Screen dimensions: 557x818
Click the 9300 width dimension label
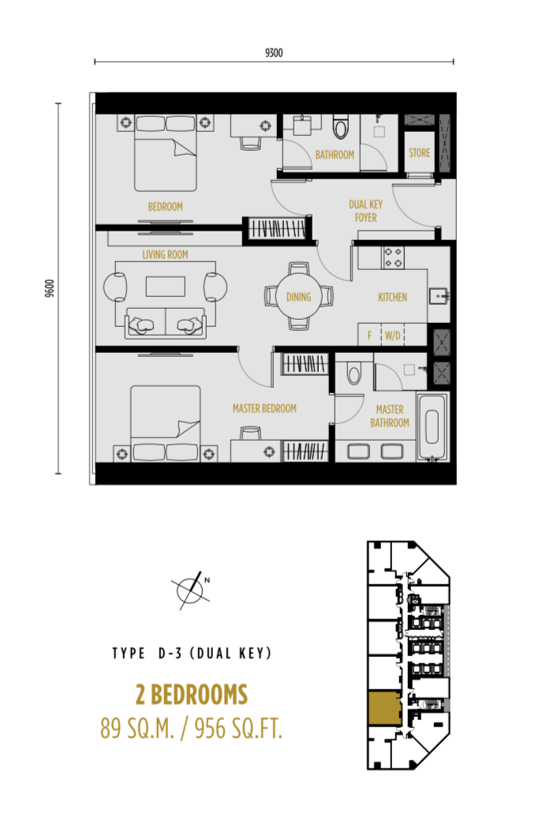(274, 53)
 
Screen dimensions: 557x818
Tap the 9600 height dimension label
(50, 288)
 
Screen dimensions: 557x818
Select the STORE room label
(420, 153)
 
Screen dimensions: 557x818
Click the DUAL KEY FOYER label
(366, 211)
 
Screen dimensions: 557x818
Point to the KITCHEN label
(392, 298)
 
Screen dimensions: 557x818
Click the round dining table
(298, 296)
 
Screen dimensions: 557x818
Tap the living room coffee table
(166, 287)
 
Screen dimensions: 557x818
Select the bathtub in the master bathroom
(432, 426)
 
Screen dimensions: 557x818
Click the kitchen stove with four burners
(393, 257)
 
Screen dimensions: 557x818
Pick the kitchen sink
(439, 296)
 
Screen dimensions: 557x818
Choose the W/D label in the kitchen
(393, 336)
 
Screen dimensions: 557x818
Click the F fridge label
(369, 336)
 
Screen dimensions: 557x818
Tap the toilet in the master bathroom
(353, 373)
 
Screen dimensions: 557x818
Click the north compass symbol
(191, 590)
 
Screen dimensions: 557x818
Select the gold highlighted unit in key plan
(384, 708)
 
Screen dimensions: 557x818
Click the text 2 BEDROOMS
(192, 694)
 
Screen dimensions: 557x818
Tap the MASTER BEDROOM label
(264, 408)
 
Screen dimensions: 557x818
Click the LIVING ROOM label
(165, 254)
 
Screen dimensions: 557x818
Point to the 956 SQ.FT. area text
(238, 728)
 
